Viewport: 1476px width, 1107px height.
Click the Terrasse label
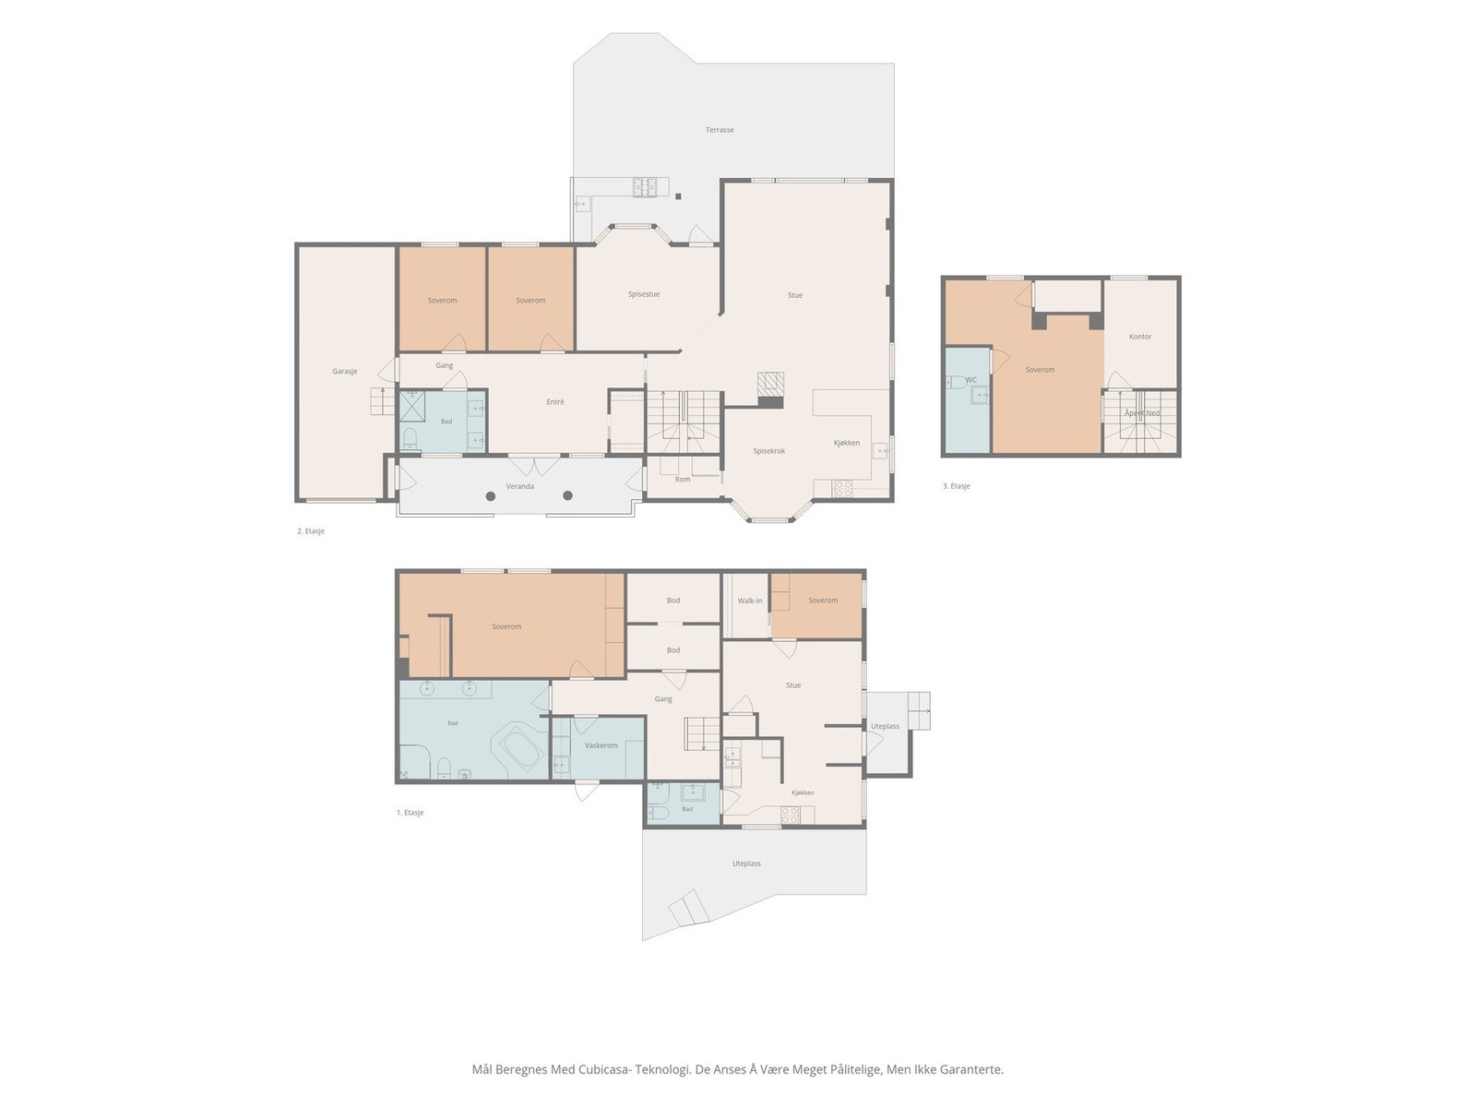point(719,130)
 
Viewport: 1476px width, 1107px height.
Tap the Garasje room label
point(344,371)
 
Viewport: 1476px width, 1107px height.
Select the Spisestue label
point(644,293)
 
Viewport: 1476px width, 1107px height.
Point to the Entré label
point(554,402)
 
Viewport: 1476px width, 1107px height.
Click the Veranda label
point(519,486)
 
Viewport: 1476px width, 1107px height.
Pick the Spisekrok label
point(768,451)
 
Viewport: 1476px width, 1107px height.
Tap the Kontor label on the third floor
point(1140,336)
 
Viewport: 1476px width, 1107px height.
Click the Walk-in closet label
point(750,601)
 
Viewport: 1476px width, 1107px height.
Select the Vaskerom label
point(601,745)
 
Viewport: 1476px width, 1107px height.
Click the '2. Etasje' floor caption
point(311,531)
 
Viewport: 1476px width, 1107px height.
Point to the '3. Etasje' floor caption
point(957,486)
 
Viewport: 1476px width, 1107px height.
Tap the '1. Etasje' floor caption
point(410,813)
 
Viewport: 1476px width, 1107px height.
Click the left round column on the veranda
point(491,496)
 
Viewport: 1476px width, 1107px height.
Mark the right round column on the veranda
point(567,495)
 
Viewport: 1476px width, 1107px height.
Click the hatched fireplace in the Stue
point(770,384)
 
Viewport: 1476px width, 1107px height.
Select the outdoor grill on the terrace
point(644,187)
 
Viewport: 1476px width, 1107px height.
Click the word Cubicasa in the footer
point(604,1069)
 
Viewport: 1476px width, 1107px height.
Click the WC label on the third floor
point(970,380)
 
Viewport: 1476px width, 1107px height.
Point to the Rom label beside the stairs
point(682,479)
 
